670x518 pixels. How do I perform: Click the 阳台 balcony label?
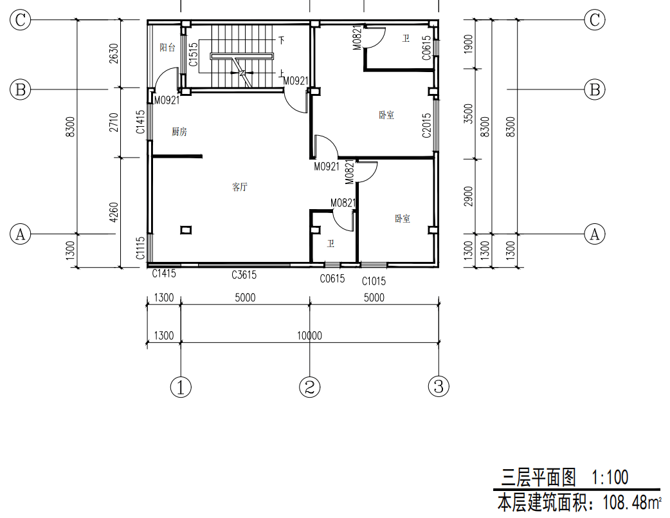click(167, 48)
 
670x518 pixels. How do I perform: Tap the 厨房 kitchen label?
click(179, 132)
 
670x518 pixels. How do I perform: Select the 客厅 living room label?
click(240, 187)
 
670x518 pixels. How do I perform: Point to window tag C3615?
click(244, 275)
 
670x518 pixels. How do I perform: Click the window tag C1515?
click(193, 54)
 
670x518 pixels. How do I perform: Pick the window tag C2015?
click(426, 125)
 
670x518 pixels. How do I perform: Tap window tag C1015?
click(374, 281)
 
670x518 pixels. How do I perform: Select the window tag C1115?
click(141, 248)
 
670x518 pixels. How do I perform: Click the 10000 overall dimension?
click(309, 335)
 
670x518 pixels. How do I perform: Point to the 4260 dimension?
click(114, 212)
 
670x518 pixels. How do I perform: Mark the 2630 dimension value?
click(114, 53)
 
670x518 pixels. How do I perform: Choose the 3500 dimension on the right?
click(469, 114)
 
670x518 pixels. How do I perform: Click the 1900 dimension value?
click(469, 44)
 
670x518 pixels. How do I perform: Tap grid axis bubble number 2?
click(310, 387)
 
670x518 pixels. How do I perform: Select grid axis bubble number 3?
click(439, 387)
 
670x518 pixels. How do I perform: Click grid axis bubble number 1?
click(181, 387)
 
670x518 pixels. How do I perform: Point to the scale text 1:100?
click(610, 477)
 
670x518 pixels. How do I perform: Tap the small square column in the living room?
click(186, 230)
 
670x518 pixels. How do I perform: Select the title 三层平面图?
click(538, 477)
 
